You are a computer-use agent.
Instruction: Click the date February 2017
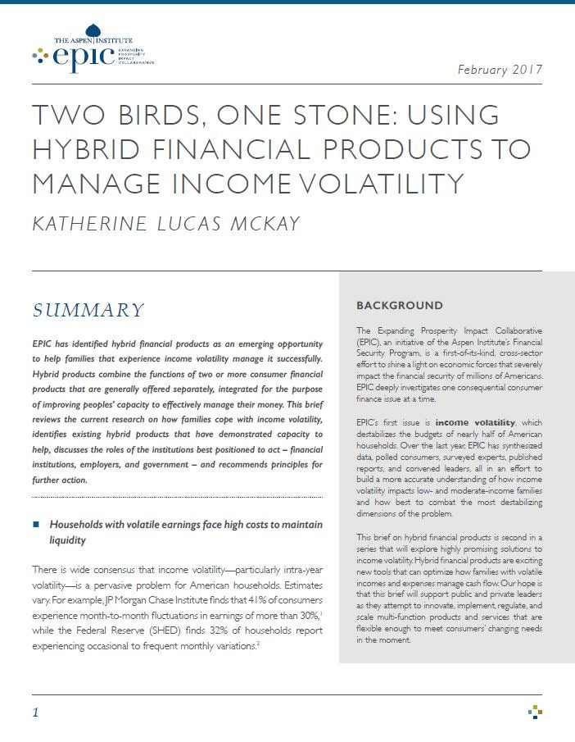click(x=500, y=69)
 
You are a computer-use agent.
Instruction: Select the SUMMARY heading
click(x=88, y=310)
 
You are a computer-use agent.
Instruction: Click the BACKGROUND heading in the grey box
click(x=399, y=306)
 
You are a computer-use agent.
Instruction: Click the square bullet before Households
click(x=36, y=524)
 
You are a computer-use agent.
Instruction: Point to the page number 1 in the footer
click(x=35, y=712)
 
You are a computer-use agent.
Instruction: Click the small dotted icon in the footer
click(x=535, y=711)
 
